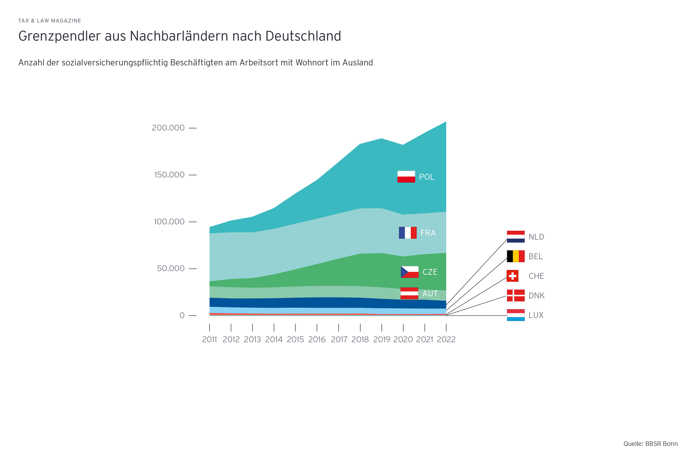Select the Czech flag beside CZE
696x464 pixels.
click(410, 272)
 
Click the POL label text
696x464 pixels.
click(426, 177)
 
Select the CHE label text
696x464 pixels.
click(536, 276)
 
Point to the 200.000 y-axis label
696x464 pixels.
click(168, 128)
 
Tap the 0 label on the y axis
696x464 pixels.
click(182, 315)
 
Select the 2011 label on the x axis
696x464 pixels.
click(210, 339)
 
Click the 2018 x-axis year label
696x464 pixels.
click(360, 339)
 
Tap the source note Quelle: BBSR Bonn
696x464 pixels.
click(651, 444)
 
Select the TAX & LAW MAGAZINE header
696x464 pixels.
click(50, 21)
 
